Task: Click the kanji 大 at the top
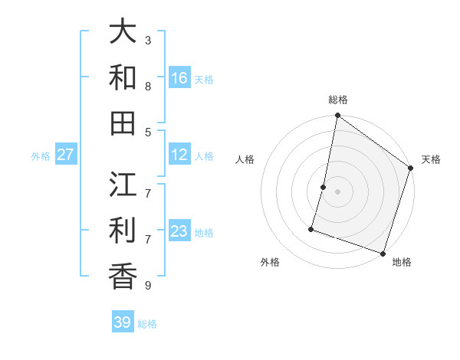point(123,31)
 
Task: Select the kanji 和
point(123,77)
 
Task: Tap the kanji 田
point(123,123)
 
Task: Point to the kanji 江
point(123,185)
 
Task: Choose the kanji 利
point(123,231)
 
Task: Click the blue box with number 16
point(179,77)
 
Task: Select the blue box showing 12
point(179,155)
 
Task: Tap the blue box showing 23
point(179,231)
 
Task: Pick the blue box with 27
point(66,155)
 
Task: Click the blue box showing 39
point(123,322)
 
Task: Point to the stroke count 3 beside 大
point(148,40)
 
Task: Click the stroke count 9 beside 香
point(148,286)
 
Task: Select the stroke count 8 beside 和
point(148,86)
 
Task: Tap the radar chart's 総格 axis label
point(338,100)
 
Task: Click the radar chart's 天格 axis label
point(431,159)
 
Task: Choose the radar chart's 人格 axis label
point(245,159)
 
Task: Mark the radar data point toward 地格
point(383,253)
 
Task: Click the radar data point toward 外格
point(311,228)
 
